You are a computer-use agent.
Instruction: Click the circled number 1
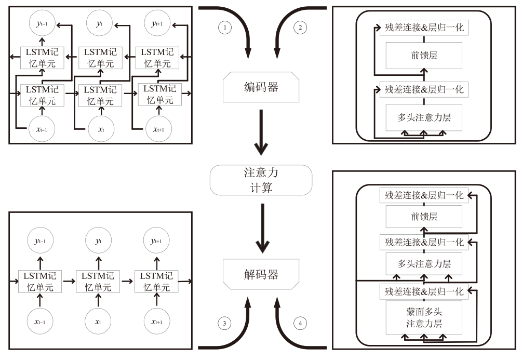pyautogui.click(x=224, y=28)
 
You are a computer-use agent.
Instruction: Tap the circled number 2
pyautogui.click(x=300, y=28)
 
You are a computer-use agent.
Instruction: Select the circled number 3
pyautogui.click(x=224, y=323)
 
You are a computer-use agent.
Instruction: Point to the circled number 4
pyautogui.click(x=300, y=323)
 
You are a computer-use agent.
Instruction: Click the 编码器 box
pyautogui.click(x=261, y=87)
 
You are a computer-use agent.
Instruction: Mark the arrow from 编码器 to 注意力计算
pyautogui.click(x=262, y=134)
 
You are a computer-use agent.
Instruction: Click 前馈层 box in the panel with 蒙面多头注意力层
pyautogui.click(x=424, y=217)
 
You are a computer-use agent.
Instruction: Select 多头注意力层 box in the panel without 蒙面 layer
pyautogui.click(x=424, y=117)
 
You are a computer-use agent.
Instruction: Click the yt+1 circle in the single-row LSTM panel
pyautogui.click(x=156, y=241)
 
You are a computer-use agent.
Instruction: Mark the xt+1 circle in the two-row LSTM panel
pyautogui.click(x=156, y=127)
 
